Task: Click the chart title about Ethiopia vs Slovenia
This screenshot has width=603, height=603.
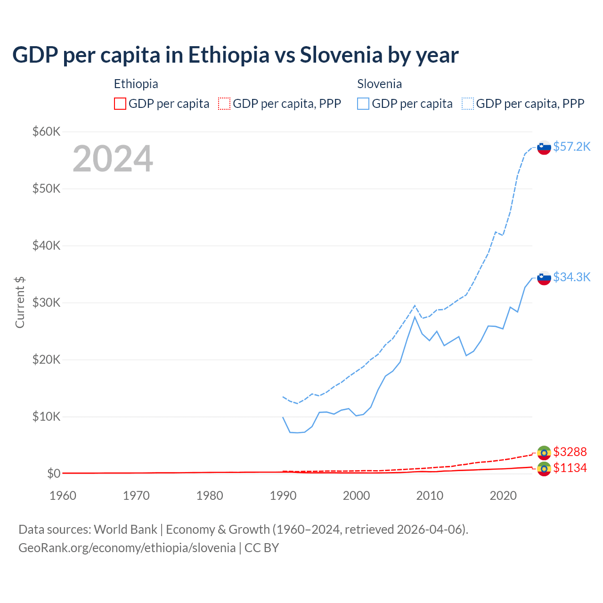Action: pyautogui.click(x=235, y=55)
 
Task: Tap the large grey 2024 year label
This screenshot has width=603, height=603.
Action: pyautogui.click(x=113, y=159)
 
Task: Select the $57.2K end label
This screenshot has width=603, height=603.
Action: pyautogui.click(x=571, y=147)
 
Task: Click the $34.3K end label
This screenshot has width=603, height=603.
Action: pyautogui.click(x=571, y=277)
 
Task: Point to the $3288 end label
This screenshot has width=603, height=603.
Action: pyautogui.click(x=570, y=452)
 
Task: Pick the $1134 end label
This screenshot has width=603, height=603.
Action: pyautogui.click(x=570, y=468)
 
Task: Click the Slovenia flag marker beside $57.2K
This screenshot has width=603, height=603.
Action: pyautogui.click(x=544, y=147)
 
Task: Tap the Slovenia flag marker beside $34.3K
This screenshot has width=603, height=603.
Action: pyautogui.click(x=544, y=278)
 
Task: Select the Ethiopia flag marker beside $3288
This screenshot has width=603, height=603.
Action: pyautogui.click(x=544, y=453)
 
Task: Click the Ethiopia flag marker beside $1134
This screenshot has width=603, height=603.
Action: pyautogui.click(x=544, y=469)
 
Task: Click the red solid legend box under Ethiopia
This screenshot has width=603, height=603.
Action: pyautogui.click(x=120, y=104)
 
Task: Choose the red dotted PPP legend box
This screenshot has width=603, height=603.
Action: pyautogui.click(x=224, y=104)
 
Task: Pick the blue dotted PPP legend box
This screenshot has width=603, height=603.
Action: pyautogui.click(x=468, y=104)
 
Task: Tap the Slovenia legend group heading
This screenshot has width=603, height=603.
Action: pyautogui.click(x=379, y=84)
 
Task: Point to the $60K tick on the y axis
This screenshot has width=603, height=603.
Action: pyautogui.click(x=46, y=131)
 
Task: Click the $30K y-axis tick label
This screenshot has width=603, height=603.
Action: pyautogui.click(x=46, y=302)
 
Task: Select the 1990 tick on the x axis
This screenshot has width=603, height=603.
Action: pyautogui.click(x=283, y=496)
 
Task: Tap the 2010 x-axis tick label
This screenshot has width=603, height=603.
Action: pyautogui.click(x=430, y=496)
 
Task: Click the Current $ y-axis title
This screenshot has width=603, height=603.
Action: pyautogui.click(x=20, y=302)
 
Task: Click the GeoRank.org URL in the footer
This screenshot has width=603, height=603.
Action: pyautogui.click(x=127, y=548)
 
